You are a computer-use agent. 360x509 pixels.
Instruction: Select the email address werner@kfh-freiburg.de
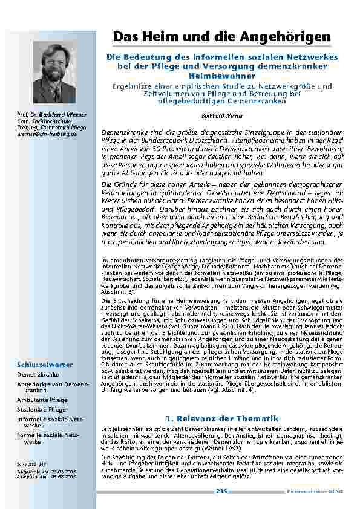[x=47, y=134]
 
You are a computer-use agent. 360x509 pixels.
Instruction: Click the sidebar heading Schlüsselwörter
[x=45, y=364]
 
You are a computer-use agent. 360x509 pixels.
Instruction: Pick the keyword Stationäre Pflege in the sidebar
[x=41, y=409]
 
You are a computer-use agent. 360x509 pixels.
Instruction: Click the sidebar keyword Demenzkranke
[x=38, y=375]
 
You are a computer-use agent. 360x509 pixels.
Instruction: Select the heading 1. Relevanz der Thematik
[x=221, y=418]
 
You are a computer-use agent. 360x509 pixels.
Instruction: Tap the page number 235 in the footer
[x=221, y=491]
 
